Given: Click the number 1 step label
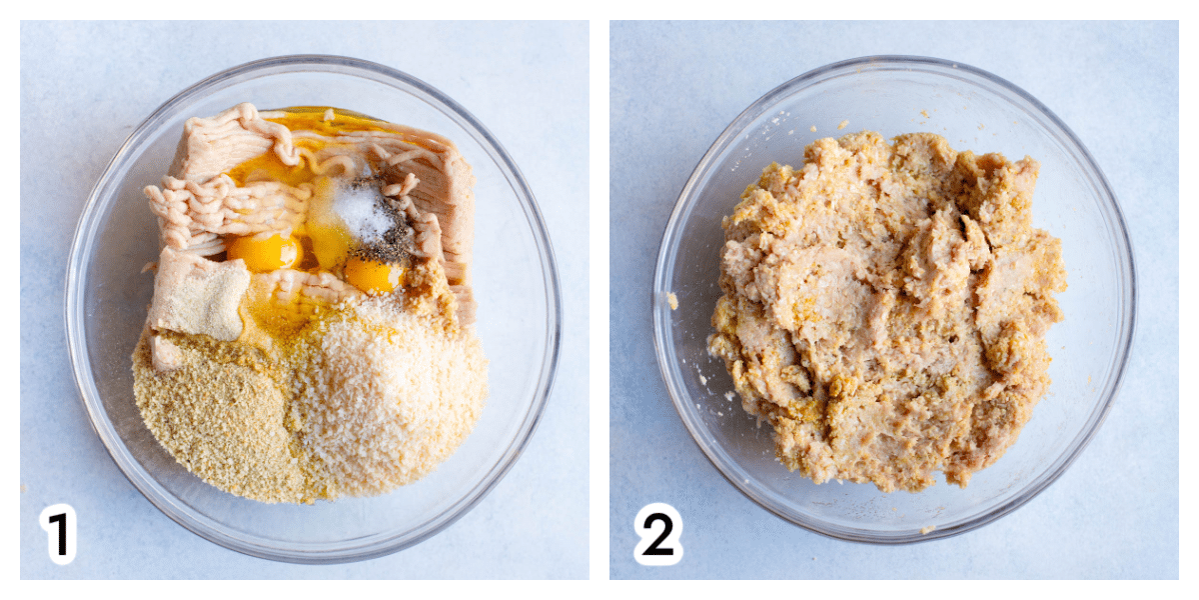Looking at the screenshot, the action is [59, 534].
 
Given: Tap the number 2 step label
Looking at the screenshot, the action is [657, 534].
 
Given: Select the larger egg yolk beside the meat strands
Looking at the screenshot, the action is [265, 251].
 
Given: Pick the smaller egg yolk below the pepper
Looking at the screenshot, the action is [373, 275].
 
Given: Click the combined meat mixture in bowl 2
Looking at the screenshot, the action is [887, 311].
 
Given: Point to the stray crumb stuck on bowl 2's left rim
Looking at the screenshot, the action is [671, 301].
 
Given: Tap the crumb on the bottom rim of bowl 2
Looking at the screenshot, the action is [927, 530].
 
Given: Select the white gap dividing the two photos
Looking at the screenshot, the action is [599, 300].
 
